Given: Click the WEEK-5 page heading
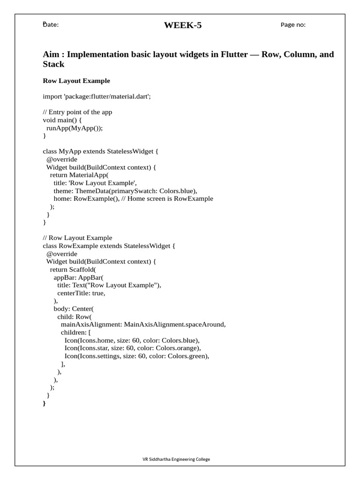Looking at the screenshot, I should pos(182,25).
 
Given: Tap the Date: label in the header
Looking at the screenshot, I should pos(51,25).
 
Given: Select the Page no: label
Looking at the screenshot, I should pos(293,25).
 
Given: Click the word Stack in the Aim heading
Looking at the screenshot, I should pos(53,64).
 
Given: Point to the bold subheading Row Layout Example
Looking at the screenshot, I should pos(76,81).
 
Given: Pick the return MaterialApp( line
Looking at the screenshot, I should pos(79,175).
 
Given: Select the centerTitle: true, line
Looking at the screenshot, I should pos(81,293).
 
